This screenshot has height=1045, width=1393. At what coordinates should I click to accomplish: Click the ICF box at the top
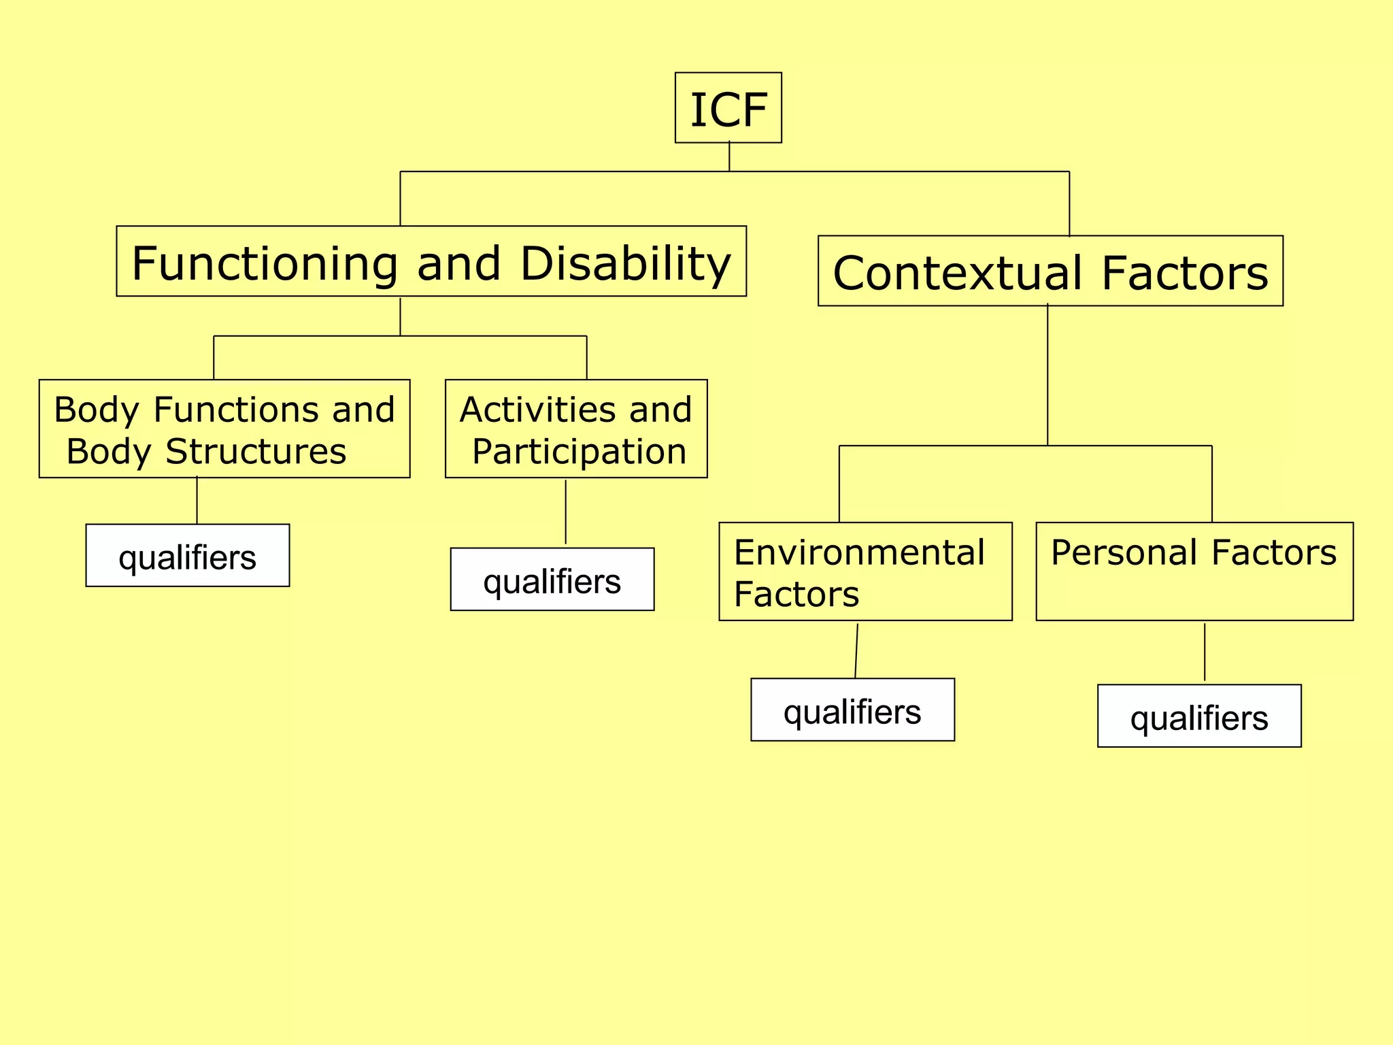click(x=728, y=108)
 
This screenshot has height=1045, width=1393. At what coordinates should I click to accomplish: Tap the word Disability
click(x=625, y=264)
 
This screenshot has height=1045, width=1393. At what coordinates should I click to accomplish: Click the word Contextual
click(x=958, y=273)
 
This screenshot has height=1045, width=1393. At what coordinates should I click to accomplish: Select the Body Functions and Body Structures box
click(x=224, y=429)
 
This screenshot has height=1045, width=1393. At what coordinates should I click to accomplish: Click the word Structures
click(x=256, y=452)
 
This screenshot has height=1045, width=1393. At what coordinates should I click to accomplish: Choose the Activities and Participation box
click(x=576, y=429)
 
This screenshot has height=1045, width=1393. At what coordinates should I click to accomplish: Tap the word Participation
click(x=579, y=452)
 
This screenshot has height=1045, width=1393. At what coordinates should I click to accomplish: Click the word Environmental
click(x=858, y=552)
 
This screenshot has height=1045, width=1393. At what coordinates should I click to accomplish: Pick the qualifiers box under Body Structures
click(x=188, y=556)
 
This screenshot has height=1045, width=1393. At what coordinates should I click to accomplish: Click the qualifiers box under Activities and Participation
click(x=552, y=580)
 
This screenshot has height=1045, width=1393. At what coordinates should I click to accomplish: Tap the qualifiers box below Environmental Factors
click(x=852, y=710)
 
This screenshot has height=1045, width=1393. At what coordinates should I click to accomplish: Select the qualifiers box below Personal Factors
click(x=1199, y=716)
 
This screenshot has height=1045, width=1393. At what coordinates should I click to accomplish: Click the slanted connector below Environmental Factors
click(x=856, y=650)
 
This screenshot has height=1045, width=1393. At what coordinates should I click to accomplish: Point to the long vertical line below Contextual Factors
click(x=1047, y=374)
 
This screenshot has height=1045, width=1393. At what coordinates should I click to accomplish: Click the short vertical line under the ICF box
click(x=729, y=157)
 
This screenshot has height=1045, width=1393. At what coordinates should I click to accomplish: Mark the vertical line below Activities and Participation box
click(x=565, y=512)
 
